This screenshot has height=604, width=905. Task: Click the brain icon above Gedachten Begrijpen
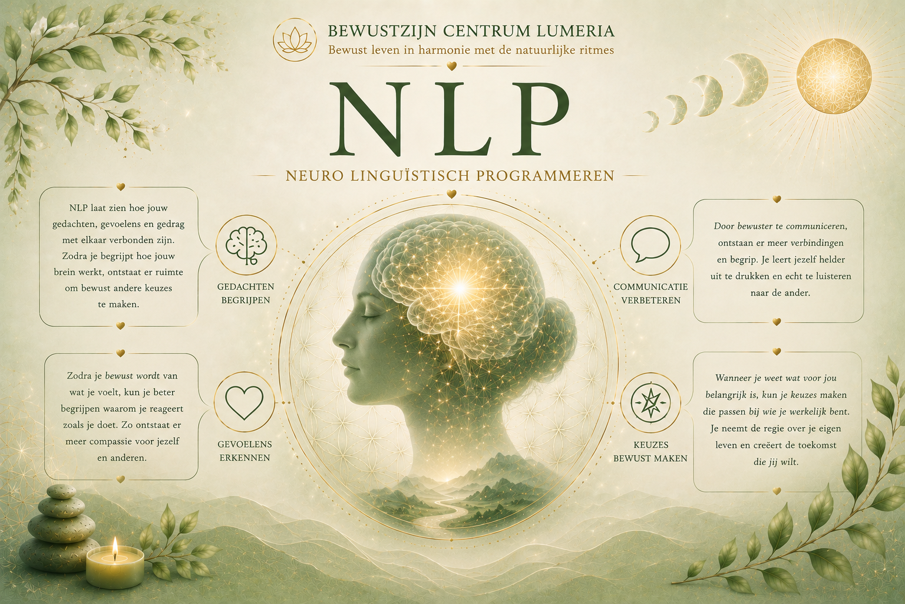click(246, 245)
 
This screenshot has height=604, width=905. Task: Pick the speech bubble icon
click(650, 245)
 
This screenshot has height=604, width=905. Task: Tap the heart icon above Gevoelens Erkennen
click(244, 403)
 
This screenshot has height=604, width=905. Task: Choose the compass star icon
click(650, 403)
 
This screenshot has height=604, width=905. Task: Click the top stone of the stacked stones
click(61, 493)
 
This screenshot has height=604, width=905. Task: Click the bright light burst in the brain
click(460, 288)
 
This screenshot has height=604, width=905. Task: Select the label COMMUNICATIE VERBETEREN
click(650, 293)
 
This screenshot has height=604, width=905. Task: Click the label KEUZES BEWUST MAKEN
click(650, 451)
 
